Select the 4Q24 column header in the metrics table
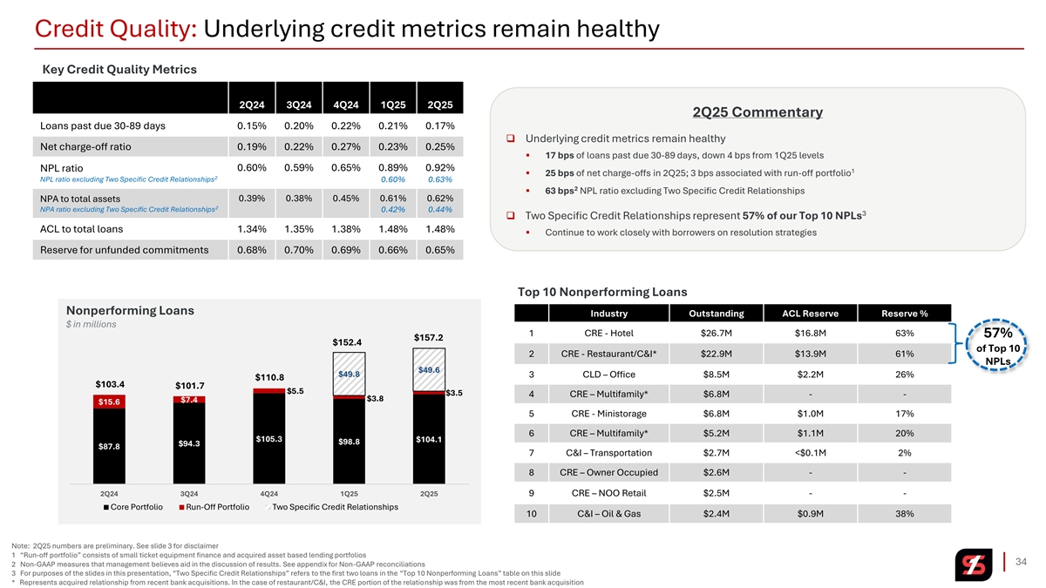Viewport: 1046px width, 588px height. [346, 105]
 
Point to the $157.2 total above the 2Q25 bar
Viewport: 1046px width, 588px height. [429, 337]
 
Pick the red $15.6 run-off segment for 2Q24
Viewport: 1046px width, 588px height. [109, 402]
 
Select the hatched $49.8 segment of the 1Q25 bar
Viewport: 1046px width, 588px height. [349, 374]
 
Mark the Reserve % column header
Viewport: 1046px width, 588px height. [904, 314]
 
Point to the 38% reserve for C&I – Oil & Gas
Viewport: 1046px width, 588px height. [904, 514]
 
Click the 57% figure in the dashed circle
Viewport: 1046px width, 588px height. [996, 334]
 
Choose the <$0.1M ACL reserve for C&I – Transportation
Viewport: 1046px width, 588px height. [810, 453]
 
